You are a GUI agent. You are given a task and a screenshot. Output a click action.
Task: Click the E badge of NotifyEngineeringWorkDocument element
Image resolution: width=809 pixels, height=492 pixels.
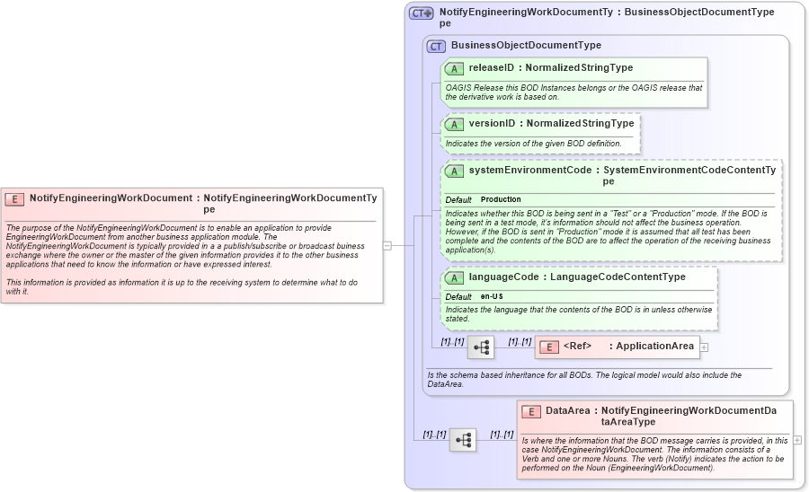coord(14,198)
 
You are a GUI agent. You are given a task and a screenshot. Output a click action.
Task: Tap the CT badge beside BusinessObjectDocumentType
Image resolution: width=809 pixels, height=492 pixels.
coord(436,46)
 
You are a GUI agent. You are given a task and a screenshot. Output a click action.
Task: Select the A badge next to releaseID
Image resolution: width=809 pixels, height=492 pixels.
coord(454,68)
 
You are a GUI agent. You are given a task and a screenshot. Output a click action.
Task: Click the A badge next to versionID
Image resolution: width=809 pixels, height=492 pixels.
coord(454,124)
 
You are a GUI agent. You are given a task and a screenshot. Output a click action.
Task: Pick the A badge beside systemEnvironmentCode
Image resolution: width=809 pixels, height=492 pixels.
coord(454,171)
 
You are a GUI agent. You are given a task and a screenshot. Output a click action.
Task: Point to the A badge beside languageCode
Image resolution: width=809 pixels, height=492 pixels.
coord(454,277)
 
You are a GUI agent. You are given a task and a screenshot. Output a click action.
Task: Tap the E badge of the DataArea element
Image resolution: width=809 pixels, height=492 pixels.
coord(531,411)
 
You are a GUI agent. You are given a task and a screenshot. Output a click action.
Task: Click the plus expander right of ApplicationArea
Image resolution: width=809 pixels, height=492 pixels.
coord(705,347)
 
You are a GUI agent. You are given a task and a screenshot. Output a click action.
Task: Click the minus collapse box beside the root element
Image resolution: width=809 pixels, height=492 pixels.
coord(387,244)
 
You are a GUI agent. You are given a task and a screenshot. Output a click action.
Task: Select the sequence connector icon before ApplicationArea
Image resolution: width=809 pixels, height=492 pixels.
coord(481,347)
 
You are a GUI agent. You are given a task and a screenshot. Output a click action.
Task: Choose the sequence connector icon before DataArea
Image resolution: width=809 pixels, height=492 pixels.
coord(463,440)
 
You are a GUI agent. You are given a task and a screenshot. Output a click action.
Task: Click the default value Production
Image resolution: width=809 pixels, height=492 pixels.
coord(501,199)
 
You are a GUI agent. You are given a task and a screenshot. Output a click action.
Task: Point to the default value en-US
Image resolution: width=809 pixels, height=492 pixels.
coord(492,296)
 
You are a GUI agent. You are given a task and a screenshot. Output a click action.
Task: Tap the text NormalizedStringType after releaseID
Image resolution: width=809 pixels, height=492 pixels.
coord(579,67)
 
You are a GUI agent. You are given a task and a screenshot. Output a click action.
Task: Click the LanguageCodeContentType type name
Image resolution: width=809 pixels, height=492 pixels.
coord(618,277)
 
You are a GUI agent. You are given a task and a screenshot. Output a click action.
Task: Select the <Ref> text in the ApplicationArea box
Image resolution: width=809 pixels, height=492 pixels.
coord(577,347)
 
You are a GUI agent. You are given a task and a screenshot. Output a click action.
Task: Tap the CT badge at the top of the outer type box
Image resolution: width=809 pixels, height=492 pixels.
coord(421,13)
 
